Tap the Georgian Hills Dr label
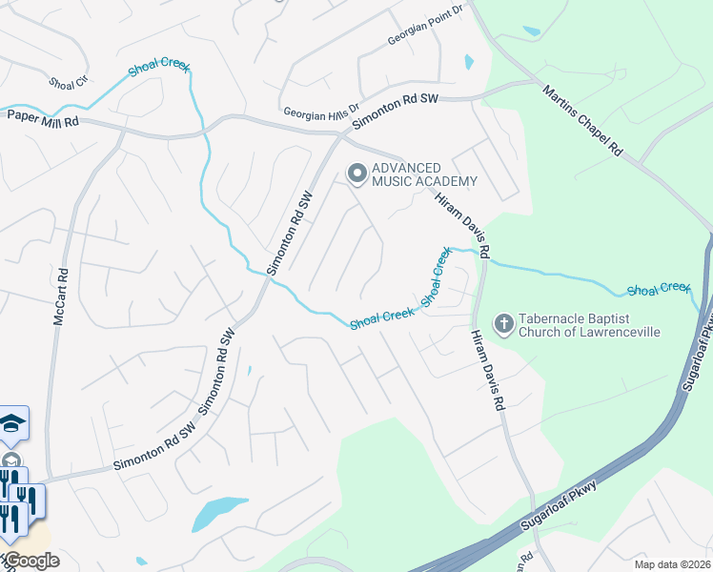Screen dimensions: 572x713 click(320, 112)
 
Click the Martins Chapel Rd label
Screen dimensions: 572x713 click(582, 121)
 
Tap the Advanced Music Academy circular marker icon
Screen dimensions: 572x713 click(357, 174)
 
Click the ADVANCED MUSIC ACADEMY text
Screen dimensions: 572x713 click(424, 174)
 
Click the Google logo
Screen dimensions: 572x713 click(31, 561)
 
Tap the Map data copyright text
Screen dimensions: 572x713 click(673, 564)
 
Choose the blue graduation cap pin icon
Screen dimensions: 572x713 click(12, 422)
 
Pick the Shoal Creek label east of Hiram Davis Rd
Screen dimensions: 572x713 click(658, 287)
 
